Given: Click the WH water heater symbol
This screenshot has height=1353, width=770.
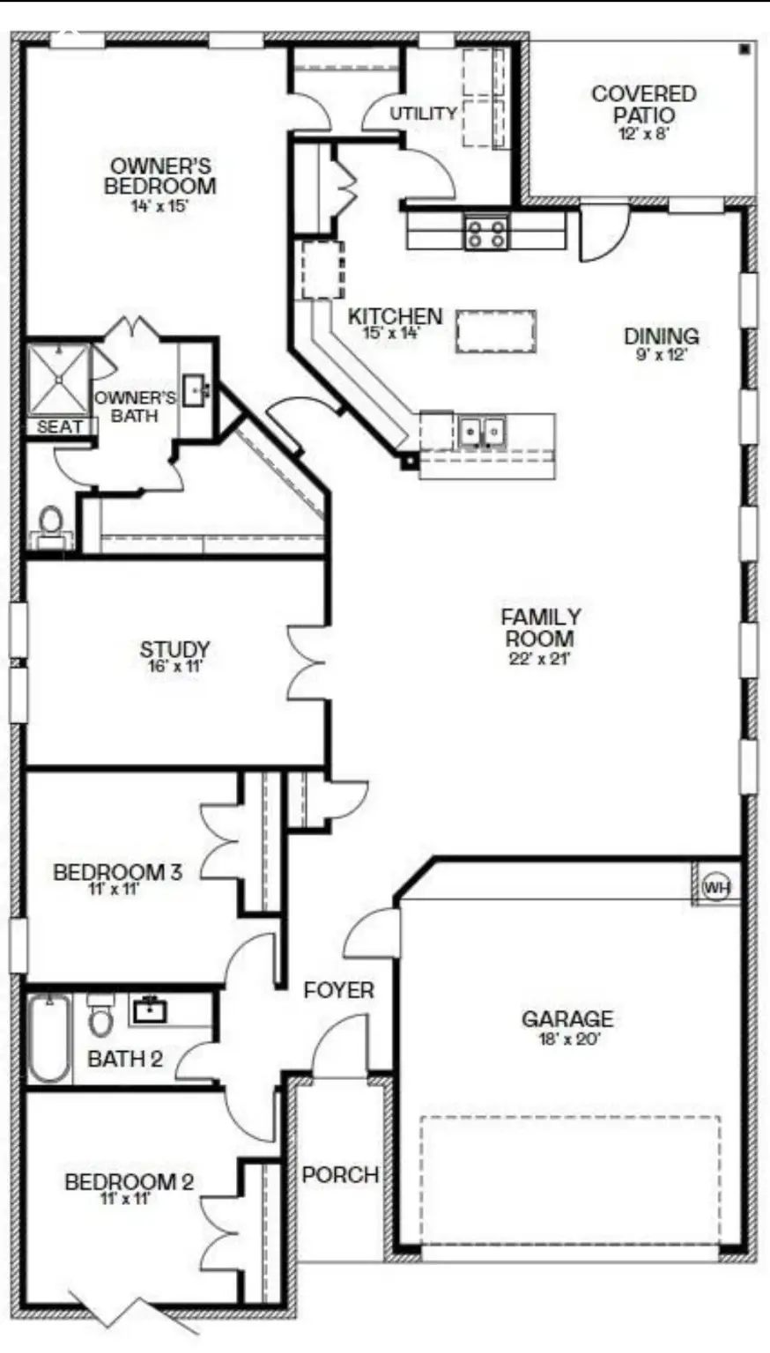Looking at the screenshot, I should point(717,887).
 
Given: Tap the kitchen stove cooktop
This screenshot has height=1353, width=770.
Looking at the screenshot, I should point(486,233).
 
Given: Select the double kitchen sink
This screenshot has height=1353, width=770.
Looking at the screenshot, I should point(482,431).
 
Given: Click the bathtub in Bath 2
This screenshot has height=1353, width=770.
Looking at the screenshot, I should point(49,1039).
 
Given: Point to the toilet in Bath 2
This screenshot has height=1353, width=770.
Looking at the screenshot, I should point(100,1017).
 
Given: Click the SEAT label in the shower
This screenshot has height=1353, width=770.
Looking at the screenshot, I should point(60,427).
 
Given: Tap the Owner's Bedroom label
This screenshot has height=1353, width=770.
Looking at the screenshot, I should point(159,176).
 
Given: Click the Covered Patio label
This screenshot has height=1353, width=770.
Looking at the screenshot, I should point(644,104).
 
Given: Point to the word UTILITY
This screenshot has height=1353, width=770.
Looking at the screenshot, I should point(424,114).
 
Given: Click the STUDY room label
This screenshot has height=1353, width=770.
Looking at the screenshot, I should point(175,650).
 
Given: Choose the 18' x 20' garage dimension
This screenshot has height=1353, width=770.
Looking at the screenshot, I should point(567,1039).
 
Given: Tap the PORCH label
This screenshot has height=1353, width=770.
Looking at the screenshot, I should point(340,1174).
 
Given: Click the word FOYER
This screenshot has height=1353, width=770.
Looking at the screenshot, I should point(338,990).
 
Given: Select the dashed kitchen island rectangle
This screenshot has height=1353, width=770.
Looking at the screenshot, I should point(496,331).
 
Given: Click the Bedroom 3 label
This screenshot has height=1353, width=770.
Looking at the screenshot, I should point(117,872).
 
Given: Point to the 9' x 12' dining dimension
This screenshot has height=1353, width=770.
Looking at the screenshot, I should point(661,355).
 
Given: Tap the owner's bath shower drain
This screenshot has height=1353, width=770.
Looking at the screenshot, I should point(59,380).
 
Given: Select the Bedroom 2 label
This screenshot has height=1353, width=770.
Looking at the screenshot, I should point(129,1182).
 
